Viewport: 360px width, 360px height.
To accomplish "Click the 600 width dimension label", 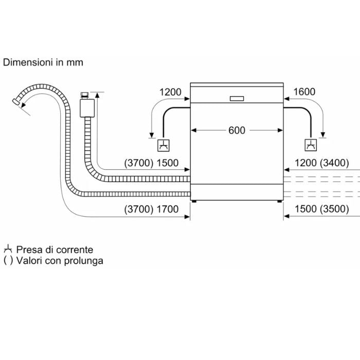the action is (237, 131).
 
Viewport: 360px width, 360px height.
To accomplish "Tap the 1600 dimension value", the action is (304, 92).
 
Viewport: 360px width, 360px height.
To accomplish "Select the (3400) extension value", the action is (334, 163).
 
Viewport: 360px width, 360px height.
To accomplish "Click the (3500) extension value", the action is (334, 209).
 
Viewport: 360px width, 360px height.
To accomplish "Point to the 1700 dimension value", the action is (167, 209).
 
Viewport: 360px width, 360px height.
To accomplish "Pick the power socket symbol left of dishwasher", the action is (164, 146).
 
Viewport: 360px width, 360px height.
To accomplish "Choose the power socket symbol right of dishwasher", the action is (311, 145).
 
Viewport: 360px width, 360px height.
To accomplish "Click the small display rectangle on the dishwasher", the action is (237, 99).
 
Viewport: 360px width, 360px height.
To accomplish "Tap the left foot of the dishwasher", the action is (194, 201).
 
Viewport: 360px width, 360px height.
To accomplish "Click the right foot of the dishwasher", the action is (279, 201).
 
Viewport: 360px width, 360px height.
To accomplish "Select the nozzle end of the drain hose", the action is (16, 101).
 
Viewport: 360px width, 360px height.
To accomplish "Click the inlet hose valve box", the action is (87, 108).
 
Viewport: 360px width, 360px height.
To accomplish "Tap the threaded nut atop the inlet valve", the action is (85, 95).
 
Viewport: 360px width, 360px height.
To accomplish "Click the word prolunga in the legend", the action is (83, 261).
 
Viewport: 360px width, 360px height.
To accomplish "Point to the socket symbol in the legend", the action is (8, 249).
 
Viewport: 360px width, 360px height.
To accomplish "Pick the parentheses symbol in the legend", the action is (8, 261).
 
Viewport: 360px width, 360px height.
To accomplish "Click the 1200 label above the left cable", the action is (170, 92).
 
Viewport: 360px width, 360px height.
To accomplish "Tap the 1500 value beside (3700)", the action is (167, 163).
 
